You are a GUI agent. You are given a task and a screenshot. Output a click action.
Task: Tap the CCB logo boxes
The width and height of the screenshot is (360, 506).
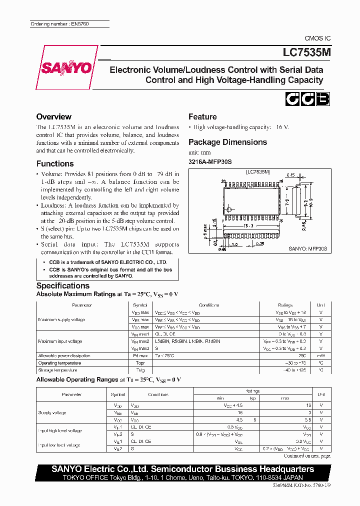(307, 99)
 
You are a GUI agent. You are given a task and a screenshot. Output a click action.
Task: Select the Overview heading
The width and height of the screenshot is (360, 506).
(53, 116)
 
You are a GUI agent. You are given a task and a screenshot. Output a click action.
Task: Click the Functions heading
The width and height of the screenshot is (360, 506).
(55, 163)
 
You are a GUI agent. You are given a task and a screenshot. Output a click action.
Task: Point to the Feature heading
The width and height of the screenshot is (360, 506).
(202, 116)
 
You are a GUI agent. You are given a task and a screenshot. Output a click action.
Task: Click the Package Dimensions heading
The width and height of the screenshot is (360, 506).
(227, 142)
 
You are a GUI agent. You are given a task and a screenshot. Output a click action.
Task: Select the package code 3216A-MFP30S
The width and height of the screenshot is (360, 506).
(210, 161)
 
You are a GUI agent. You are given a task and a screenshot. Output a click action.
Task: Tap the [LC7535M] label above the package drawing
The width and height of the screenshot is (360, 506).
(257, 171)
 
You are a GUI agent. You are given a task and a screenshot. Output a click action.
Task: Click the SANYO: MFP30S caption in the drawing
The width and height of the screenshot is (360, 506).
(307, 248)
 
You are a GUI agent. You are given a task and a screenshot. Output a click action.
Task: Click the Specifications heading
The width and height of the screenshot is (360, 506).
(63, 285)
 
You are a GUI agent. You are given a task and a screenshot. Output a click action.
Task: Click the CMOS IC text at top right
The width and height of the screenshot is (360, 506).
(317, 38)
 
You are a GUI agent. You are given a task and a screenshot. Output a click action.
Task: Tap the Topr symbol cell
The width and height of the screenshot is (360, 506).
(140, 363)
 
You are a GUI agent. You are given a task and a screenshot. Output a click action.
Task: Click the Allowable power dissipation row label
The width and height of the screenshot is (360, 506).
(64, 355)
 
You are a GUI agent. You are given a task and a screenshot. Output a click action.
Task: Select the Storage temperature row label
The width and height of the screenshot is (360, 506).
(57, 370)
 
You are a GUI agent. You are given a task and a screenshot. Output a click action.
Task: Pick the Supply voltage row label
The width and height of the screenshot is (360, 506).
(51, 413)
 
